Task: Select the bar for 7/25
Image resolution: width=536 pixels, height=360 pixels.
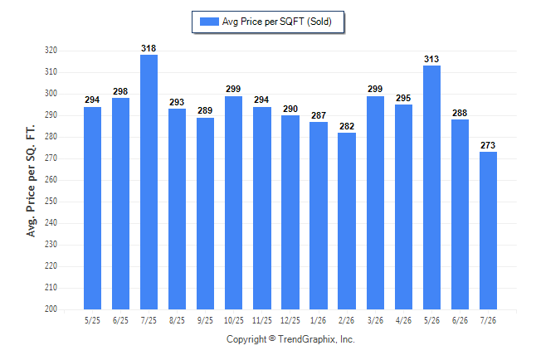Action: pos(149,182)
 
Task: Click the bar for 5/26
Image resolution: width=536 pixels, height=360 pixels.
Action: pos(431,187)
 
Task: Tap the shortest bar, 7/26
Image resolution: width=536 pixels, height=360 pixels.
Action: pos(488,231)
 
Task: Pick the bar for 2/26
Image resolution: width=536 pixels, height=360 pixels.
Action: pos(347,221)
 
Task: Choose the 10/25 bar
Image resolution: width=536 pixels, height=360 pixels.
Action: pos(233,202)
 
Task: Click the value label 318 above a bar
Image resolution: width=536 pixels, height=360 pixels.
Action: pos(149,49)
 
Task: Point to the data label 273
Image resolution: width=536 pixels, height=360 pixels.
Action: pos(488,145)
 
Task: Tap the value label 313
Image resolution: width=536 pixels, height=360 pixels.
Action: pos(431,59)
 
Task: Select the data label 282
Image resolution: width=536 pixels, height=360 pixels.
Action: pos(347,126)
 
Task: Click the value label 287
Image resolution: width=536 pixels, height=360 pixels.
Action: pos(319,115)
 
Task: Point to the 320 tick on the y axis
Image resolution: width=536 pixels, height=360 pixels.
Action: pos(51,51)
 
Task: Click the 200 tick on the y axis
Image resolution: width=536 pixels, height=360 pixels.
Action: pos(51,309)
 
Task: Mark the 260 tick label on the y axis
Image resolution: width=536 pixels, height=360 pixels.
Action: pos(51,179)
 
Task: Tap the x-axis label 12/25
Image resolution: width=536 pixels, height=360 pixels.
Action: pos(290,320)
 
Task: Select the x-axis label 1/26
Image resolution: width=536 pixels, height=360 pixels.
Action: pos(319,320)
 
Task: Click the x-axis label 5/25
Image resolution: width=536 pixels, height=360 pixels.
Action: pos(92,320)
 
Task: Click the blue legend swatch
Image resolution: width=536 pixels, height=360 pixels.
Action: pos(209,22)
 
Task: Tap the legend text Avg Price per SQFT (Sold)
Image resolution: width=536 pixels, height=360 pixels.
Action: pos(277,22)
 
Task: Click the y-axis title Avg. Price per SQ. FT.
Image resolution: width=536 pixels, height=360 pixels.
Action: pos(31,181)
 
